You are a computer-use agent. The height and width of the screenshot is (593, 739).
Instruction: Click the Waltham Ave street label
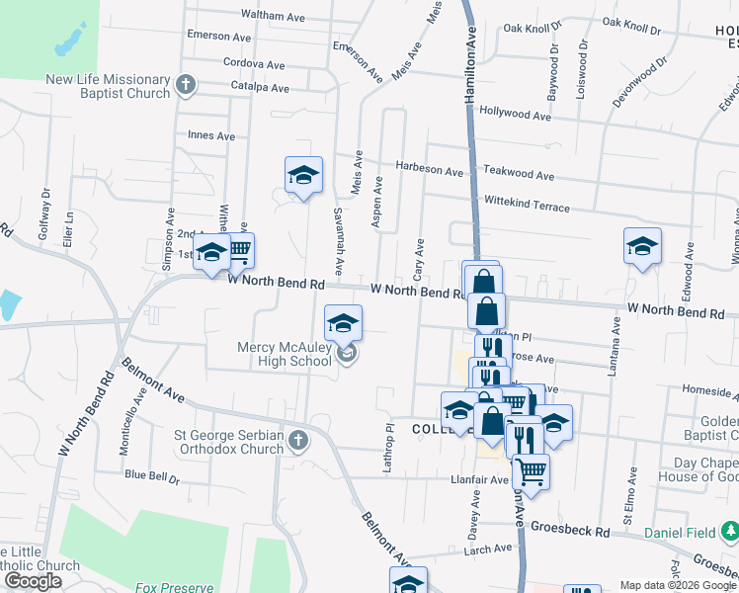pyautogui.click(x=274, y=16)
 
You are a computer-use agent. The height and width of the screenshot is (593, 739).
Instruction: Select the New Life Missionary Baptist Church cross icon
pyautogui.click(x=185, y=85)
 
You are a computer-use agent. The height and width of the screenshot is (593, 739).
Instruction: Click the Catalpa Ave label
pyautogui.click(x=260, y=88)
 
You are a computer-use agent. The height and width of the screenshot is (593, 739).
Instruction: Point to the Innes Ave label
pyautogui.click(x=211, y=135)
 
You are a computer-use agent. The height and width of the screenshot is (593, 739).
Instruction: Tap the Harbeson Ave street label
pyautogui.click(x=430, y=170)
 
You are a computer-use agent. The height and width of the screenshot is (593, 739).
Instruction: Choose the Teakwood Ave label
pyautogui.click(x=519, y=174)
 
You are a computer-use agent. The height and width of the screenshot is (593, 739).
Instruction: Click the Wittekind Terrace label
pyautogui.click(x=527, y=204)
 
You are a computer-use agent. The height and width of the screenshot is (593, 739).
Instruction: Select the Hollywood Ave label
pyautogui.click(x=515, y=114)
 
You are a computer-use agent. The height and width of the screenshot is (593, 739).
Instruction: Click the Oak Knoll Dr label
pyautogui.click(x=533, y=28)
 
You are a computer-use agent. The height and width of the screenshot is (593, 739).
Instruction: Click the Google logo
pyautogui.click(x=33, y=581)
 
